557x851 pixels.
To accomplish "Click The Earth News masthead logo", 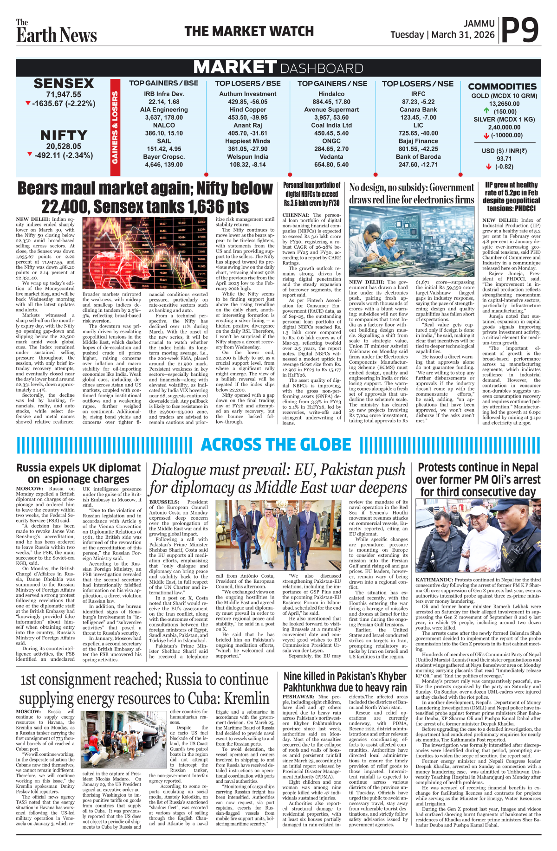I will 56,32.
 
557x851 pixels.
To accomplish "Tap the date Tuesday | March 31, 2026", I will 442,35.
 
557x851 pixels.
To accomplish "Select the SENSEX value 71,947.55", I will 64,94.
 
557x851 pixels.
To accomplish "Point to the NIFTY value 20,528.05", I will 64,146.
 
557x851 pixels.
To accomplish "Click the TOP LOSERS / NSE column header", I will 418,84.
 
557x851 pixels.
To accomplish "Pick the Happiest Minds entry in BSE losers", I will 247,141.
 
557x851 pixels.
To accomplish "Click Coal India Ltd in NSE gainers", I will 331,125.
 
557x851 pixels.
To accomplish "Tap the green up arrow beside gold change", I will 486,111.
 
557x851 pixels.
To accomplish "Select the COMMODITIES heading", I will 502,86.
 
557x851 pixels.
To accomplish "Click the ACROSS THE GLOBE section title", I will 276,445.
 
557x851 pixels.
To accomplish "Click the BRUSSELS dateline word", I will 164,502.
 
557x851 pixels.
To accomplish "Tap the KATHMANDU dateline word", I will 434,580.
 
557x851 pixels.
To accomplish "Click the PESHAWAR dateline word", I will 298,697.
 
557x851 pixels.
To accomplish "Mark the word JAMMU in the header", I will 479,23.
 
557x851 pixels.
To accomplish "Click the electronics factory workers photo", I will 412,241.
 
